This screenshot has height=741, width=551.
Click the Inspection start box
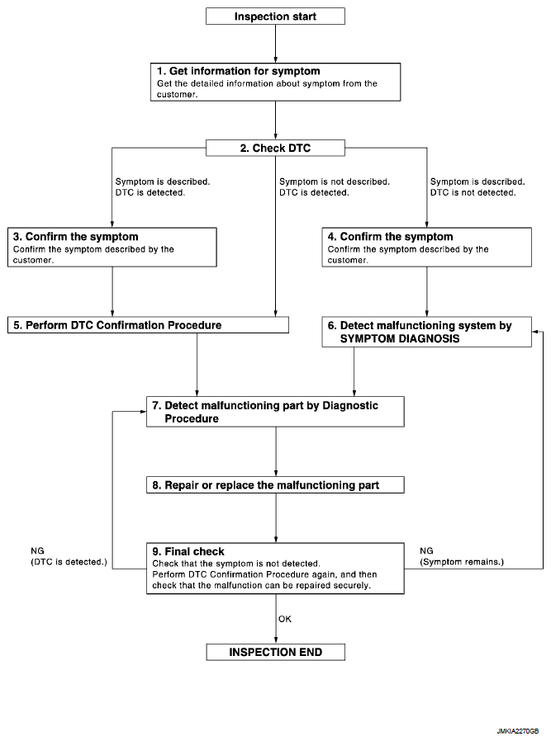click(x=275, y=16)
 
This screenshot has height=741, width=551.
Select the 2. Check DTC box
click(x=275, y=148)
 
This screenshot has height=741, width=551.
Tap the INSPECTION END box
click(x=275, y=652)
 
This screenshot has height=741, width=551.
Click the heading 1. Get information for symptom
click(x=239, y=71)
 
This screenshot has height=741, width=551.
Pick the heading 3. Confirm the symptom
click(x=76, y=237)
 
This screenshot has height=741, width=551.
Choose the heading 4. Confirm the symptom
click(x=390, y=237)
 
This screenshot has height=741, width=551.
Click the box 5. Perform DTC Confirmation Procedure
click(x=148, y=325)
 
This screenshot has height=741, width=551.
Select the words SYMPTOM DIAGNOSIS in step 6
click(x=400, y=339)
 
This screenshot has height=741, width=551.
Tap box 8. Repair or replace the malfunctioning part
click(x=275, y=485)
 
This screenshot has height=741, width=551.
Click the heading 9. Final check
click(x=188, y=551)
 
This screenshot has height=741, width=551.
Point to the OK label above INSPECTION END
click(x=285, y=619)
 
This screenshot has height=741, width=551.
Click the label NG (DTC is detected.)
click(x=69, y=556)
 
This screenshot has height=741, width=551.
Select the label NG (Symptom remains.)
click(x=462, y=556)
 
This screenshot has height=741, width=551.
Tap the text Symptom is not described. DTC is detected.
click(x=335, y=187)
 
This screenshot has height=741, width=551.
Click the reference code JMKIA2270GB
click(x=517, y=731)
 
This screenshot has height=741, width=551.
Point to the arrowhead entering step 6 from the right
click(x=534, y=332)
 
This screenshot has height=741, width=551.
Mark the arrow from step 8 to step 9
click(x=276, y=518)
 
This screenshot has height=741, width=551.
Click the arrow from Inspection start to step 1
click(x=275, y=44)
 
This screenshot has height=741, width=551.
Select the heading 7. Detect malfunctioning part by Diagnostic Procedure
click(x=265, y=412)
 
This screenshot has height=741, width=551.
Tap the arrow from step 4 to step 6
click(x=426, y=291)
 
